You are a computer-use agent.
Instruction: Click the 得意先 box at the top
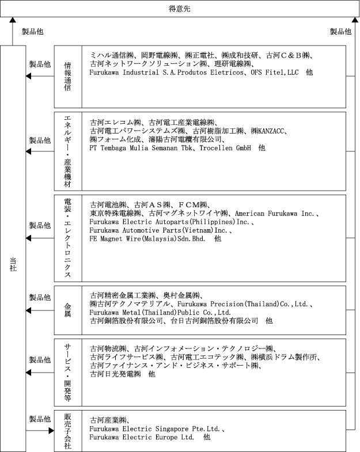coord(180,9)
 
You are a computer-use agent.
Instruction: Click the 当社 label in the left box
coord(13,264)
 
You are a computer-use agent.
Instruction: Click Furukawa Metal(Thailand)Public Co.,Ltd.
coord(160,312)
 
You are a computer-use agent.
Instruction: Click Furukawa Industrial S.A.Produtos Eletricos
coord(166,73)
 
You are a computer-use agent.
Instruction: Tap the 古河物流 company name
coord(108,348)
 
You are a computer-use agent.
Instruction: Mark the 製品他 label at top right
coord(340,32)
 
